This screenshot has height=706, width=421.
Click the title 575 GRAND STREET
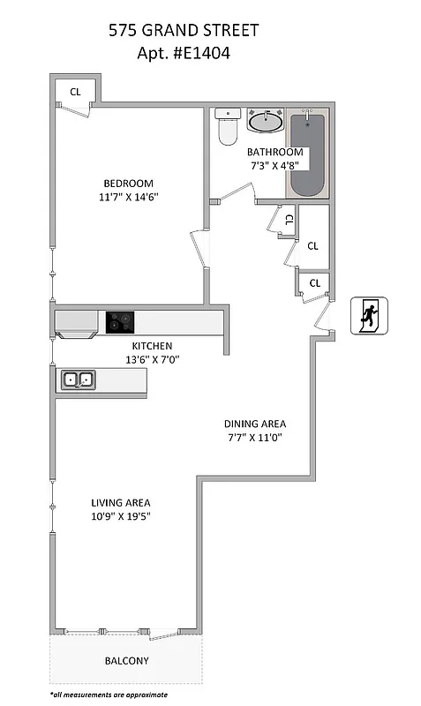point(184,31)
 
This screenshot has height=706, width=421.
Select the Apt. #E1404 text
point(184,52)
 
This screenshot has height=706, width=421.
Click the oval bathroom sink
point(264,122)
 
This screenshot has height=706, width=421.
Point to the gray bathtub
point(307,154)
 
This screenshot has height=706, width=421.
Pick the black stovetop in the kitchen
point(121,322)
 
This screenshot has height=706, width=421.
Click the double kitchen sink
point(78,380)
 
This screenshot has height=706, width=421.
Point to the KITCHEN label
point(152,346)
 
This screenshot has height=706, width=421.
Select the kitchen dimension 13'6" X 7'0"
point(152,360)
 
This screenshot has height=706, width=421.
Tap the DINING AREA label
point(254,423)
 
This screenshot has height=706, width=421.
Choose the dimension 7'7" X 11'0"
point(254,437)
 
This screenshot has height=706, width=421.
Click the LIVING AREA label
point(121,503)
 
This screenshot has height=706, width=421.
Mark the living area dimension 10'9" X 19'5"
point(121,517)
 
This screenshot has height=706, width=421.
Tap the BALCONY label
point(127,661)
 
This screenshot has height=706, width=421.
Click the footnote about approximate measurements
point(109,695)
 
